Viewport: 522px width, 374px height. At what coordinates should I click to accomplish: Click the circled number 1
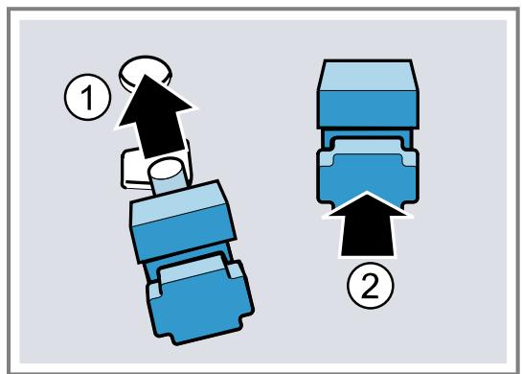click(87, 97)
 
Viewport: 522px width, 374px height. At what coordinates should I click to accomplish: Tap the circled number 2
click(371, 286)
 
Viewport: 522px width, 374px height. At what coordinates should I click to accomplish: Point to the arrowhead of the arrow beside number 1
click(154, 101)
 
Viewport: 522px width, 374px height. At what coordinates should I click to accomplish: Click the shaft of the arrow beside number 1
click(163, 140)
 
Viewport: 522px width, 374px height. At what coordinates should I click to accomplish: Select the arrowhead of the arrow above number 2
click(367, 204)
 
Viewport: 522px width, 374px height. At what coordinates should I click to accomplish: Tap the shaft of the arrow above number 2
click(367, 235)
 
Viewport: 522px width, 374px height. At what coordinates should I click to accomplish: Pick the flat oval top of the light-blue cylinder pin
click(165, 169)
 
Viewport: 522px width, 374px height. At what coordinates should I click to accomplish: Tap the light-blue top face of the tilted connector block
click(178, 203)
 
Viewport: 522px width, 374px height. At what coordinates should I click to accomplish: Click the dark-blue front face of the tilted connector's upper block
click(184, 233)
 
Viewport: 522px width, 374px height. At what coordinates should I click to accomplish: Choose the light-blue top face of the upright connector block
click(368, 76)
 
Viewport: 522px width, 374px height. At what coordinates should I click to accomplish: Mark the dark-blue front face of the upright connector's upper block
click(368, 109)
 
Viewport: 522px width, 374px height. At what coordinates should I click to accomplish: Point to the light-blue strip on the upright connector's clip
click(368, 150)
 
